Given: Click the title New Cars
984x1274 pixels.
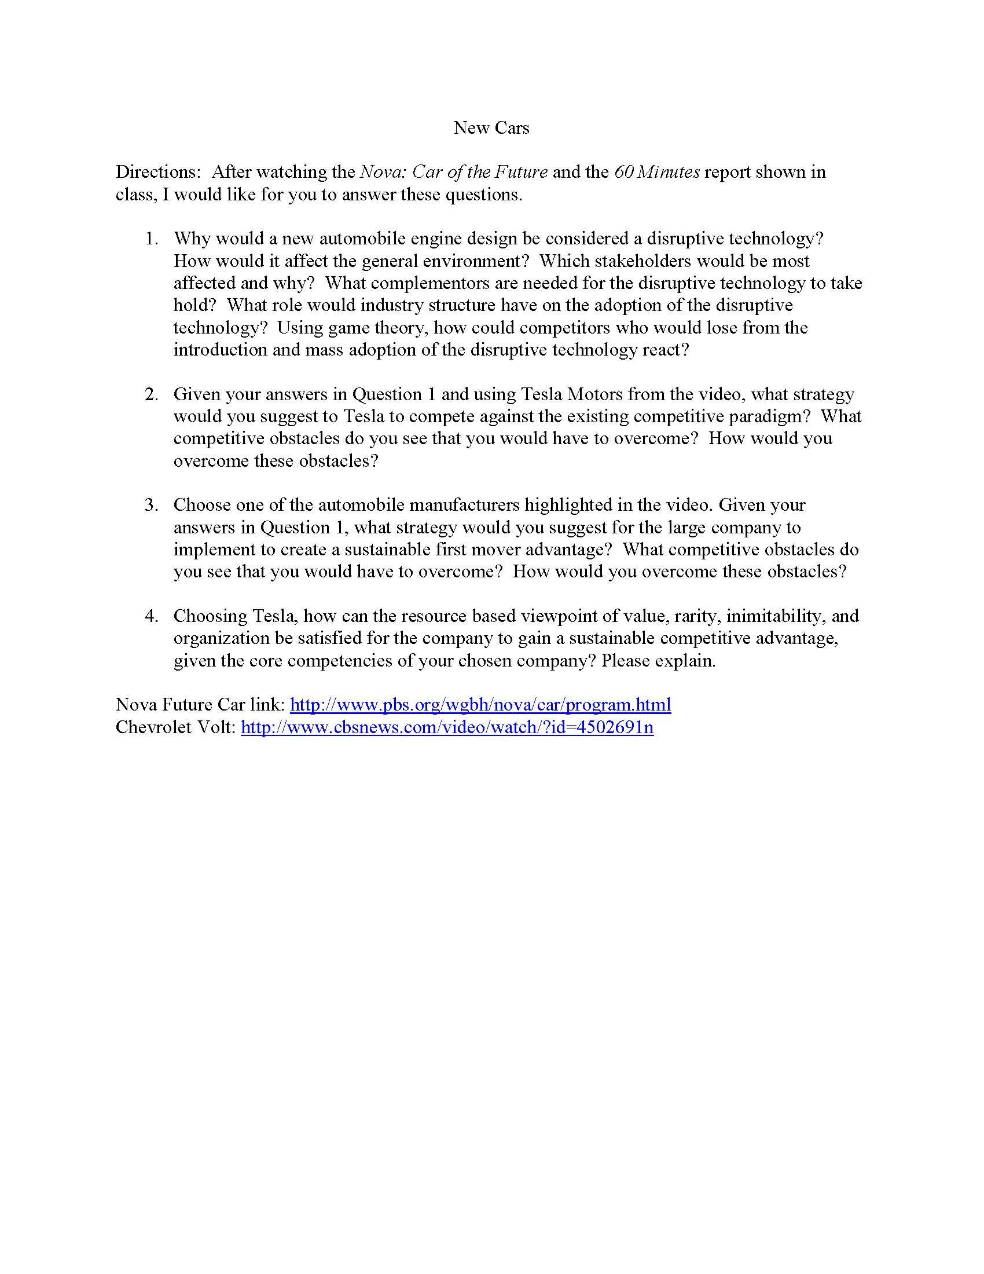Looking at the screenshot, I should pyautogui.click(x=491, y=128).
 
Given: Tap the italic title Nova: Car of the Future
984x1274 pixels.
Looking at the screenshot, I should pyautogui.click(x=454, y=172).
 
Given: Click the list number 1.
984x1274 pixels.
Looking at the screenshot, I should pyautogui.click(x=151, y=239).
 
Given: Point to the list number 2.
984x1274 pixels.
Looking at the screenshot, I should pyautogui.click(x=151, y=394).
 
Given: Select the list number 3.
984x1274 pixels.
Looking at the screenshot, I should pyautogui.click(x=151, y=505).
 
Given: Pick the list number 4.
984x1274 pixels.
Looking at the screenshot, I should pyautogui.click(x=151, y=616).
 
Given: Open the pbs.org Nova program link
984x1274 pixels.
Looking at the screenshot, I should pyautogui.click(x=480, y=705).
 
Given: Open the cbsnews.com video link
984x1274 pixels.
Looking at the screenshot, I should pyautogui.click(x=447, y=727).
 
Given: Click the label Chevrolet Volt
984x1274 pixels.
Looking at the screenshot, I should pyautogui.click(x=175, y=727).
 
